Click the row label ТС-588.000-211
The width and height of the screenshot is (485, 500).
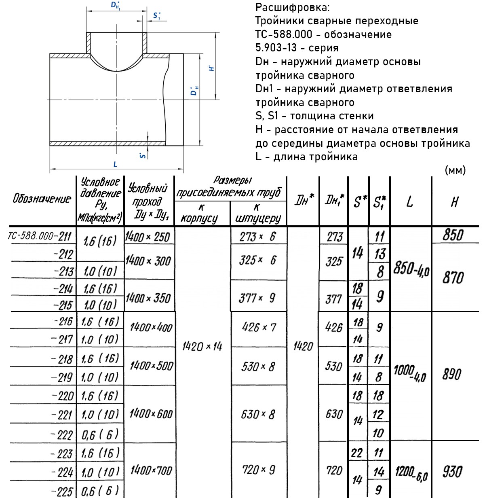pos(39,236)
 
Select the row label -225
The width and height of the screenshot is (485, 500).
pos(63,492)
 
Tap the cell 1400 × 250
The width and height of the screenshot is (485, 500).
pos(148,237)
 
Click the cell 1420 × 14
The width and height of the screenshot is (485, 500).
pos(202,347)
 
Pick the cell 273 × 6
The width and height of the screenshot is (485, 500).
pos(257,237)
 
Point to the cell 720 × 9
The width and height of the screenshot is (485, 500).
pos(258,470)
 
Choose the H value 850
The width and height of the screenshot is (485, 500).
pos(453,235)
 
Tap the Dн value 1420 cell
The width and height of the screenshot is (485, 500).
pos(303,347)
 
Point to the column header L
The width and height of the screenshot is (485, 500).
pos(410,201)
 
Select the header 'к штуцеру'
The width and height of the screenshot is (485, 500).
pos(258,214)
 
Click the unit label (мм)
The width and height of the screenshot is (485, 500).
pos(455,170)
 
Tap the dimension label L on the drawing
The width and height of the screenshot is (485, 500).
pos(115,164)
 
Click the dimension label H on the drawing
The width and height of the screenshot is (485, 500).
pos(211,68)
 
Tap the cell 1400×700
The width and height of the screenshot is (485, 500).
pos(151,470)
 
